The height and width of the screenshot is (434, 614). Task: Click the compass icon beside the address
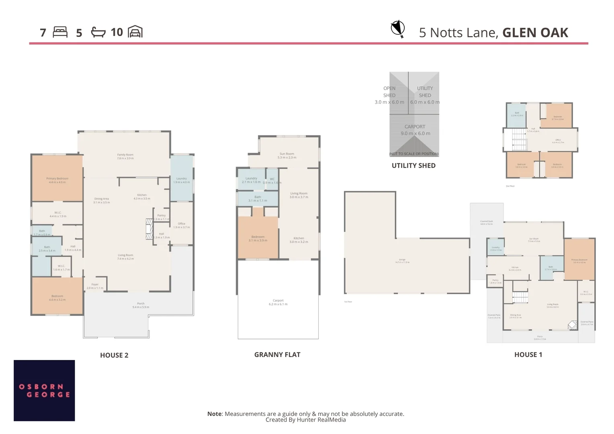click(397, 29)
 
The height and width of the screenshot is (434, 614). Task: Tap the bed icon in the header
click(60, 32)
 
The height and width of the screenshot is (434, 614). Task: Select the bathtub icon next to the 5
click(98, 32)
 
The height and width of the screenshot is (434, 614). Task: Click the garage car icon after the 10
click(135, 32)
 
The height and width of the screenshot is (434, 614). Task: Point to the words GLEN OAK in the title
click(535, 33)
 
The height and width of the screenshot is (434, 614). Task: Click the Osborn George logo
click(44, 390)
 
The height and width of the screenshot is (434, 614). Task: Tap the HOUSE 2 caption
click(114, 355)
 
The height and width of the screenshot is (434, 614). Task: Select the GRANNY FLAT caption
click(277, 354)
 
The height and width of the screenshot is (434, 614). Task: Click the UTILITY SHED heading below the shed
click(413, 166)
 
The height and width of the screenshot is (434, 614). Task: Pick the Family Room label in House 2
click(125, 156)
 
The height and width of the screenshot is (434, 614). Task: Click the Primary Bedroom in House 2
click(57, 180)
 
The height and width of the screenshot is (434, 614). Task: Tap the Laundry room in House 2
click(182, 180)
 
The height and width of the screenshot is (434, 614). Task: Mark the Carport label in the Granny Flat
click(278, 302)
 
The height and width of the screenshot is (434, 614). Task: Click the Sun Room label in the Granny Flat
click(287, 156)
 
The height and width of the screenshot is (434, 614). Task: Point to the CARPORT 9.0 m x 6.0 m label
click(415, 130)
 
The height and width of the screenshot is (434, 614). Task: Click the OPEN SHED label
click(389, 92)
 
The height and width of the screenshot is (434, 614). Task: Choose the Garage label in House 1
click(402, 261)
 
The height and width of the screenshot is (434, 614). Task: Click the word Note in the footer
click(215, 414)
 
